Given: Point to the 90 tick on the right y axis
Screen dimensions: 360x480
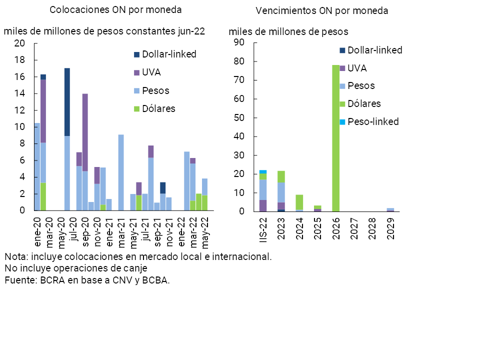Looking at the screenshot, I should pos(238,43).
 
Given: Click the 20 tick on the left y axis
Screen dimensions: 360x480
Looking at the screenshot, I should pos(19,43).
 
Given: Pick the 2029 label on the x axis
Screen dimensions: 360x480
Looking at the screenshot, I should pos(390,227).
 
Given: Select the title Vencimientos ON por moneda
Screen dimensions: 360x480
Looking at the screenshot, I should pos(322,10).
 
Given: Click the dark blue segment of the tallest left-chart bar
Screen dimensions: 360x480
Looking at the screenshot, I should pos(67,102).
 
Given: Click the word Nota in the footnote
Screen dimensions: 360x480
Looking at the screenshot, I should pos(15,256).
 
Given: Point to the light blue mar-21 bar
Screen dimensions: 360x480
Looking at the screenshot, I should pos(121,172).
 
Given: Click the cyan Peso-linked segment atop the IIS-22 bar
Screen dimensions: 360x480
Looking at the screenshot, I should pos(262,171).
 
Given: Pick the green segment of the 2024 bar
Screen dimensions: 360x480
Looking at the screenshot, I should pos(299,202).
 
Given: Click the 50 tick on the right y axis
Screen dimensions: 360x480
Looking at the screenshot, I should pos(238,118).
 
